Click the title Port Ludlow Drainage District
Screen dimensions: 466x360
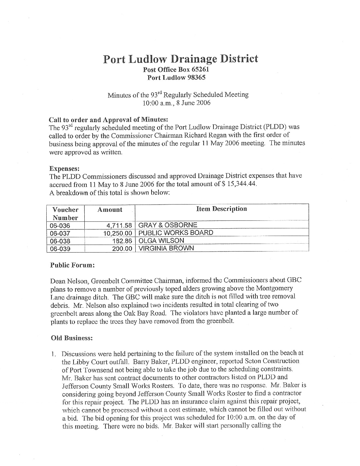click(180, 59)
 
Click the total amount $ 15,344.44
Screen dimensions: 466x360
click(237, 184)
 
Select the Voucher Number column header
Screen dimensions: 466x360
click(66, 213)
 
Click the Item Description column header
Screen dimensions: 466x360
click(221, 209)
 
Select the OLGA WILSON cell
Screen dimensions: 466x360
click(161, 241)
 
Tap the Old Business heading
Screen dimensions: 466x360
click(71, 338)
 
